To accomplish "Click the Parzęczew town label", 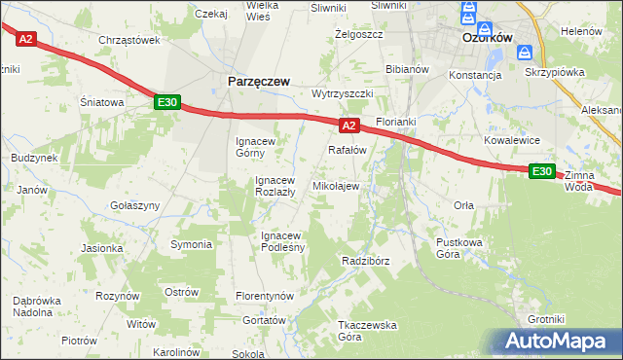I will [x=258, y=83].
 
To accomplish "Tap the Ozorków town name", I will [x=488, y=37].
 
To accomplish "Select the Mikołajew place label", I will [x=336, y=186].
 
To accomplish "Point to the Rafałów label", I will [x=347, y=150].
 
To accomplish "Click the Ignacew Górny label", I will [x=258, y=146].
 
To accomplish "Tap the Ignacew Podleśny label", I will [x=283, y=240].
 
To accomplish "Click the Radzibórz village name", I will [x=366, y=261].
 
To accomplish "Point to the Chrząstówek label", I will [x=128, y=40].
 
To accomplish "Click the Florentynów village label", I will [x=265, y=295].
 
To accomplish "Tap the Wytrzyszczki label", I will [x=344, y=93].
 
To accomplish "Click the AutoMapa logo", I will [x=559, y=342].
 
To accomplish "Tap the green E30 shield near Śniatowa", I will [x=166, y=101].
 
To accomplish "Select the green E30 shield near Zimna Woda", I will [x=542, y=171].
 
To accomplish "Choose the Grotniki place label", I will [x=546, y=319].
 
